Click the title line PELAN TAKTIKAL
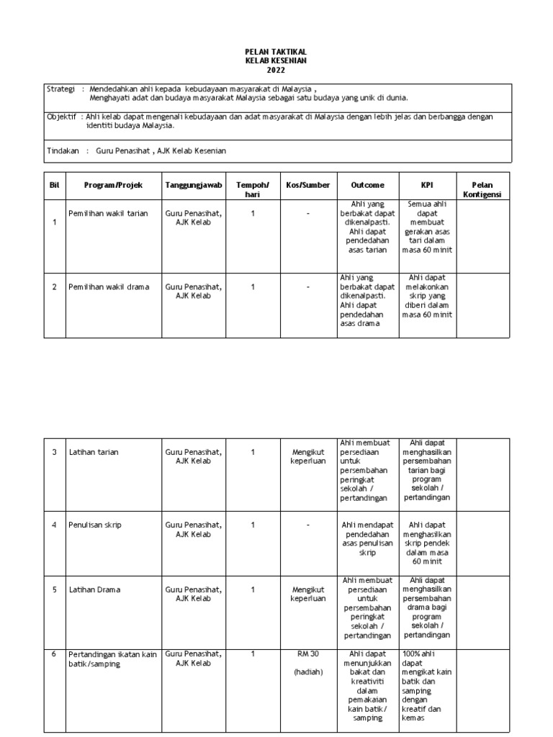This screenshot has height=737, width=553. (276, 52)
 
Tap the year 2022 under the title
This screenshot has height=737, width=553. (276, 70)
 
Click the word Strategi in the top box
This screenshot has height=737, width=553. (60, 89)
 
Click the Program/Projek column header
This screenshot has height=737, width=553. (113, 185)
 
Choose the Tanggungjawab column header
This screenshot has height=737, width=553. (193, 185)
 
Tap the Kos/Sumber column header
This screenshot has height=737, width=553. (307, 185)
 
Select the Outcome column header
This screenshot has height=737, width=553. (367, 185)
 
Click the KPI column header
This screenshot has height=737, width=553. (427, 185)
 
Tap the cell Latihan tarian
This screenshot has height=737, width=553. (94, 452)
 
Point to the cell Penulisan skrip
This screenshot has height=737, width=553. (95, 525)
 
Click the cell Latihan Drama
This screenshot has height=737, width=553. (94, 589)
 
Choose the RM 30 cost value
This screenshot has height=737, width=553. (307, 654)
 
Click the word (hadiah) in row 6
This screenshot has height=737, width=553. (307, 672)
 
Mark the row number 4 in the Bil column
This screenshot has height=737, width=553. (54, 525)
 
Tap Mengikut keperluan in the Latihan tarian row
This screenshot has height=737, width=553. (307, 456)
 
